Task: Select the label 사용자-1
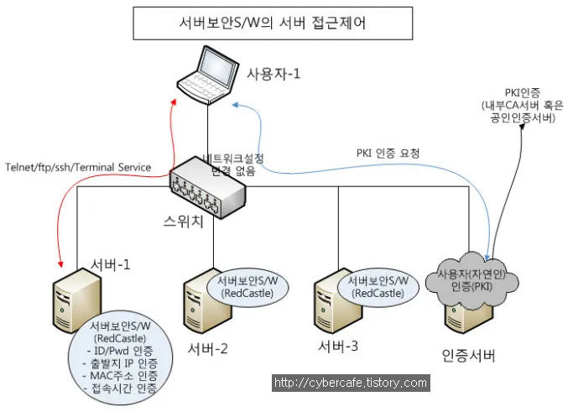point(273,73)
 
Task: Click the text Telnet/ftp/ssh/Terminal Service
point(78,167)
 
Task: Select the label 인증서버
point(469,355)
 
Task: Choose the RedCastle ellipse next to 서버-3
point(377,287)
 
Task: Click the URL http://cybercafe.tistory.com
point(351,383)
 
